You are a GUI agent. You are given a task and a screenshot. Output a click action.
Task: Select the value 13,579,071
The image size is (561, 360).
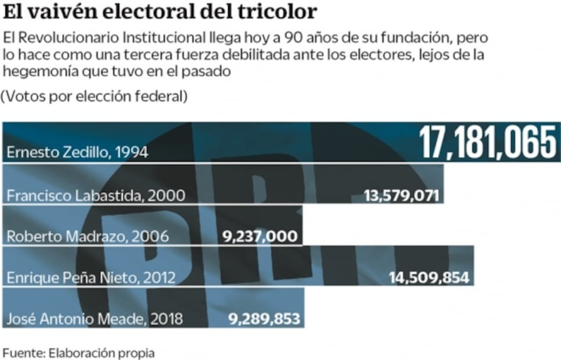401,195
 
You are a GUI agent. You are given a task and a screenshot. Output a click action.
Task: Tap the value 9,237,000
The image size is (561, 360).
260,236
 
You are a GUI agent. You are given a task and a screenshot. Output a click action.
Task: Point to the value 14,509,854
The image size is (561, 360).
429,278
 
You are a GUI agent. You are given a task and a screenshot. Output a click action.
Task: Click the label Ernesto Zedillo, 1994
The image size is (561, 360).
77,153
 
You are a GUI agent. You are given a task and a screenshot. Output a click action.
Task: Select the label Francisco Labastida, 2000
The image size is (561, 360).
96,196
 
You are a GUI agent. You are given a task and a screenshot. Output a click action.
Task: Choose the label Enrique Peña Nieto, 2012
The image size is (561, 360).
91,278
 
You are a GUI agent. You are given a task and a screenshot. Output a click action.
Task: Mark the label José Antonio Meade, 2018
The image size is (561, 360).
94,319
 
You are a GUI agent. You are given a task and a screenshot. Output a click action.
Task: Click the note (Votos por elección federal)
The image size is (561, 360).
94,96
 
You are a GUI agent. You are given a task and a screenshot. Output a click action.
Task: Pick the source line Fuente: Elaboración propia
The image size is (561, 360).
79,353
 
